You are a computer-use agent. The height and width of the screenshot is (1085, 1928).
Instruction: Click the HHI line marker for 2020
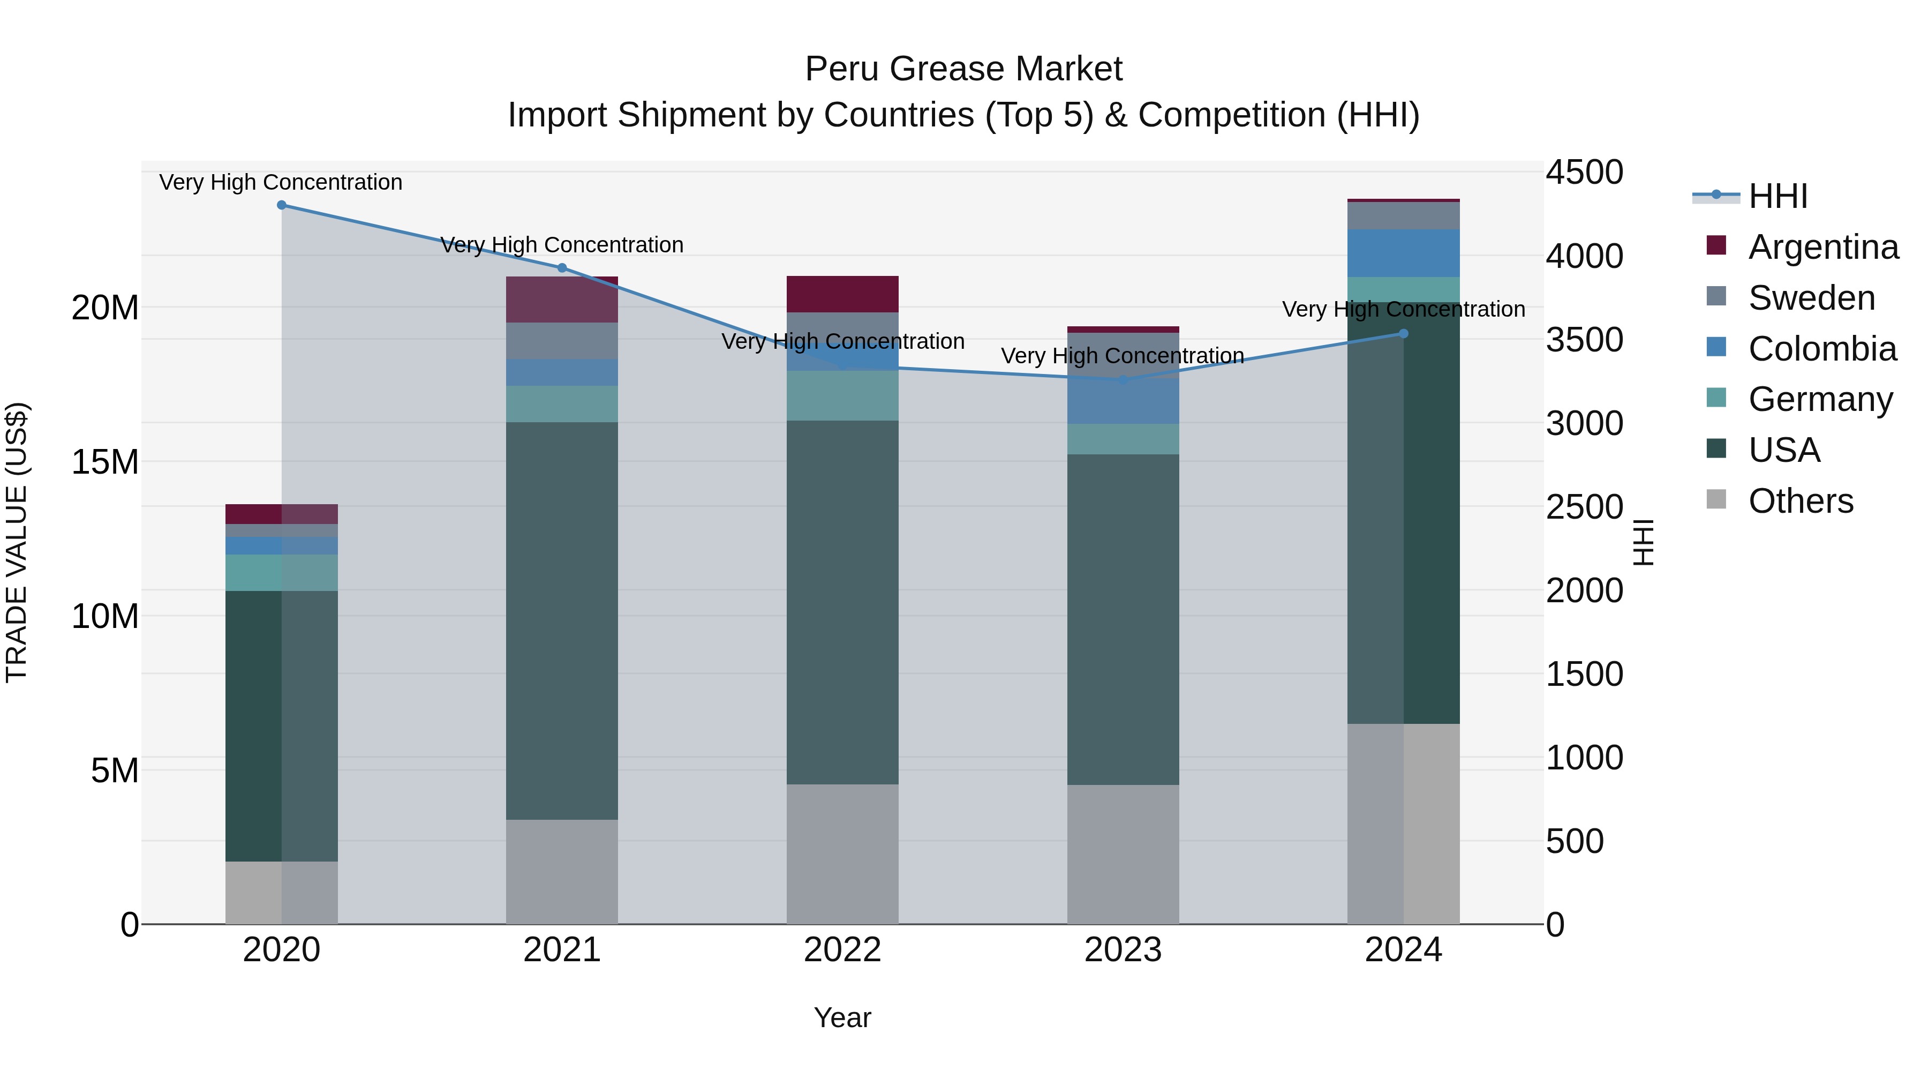281,205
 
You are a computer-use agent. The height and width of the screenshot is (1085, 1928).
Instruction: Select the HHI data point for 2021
562,268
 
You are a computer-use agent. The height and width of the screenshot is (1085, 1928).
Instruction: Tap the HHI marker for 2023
1123,380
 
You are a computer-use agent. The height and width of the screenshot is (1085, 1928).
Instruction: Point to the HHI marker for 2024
1403,334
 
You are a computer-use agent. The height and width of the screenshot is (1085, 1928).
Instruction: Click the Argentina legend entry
1822,247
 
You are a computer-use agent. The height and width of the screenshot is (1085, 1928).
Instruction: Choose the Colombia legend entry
1822,349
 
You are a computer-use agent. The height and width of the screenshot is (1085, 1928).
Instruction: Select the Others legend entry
1800,501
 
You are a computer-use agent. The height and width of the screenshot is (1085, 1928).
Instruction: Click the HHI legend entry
1778,196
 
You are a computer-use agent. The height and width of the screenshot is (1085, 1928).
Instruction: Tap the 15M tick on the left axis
105,462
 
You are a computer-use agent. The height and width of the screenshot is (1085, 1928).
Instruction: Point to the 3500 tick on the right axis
1584,340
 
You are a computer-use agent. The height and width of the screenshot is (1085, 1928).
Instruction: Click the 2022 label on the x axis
842,950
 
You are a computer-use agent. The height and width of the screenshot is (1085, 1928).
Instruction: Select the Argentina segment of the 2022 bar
842,294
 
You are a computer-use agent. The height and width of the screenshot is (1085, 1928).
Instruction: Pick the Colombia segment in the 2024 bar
1403,253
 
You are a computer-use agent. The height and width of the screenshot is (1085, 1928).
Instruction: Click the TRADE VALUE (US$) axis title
17,542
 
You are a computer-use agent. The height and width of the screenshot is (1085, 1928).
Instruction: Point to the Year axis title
842,1017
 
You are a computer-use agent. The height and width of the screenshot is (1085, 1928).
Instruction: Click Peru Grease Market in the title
963,69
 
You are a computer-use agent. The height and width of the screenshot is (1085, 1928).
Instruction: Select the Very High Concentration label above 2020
281,182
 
